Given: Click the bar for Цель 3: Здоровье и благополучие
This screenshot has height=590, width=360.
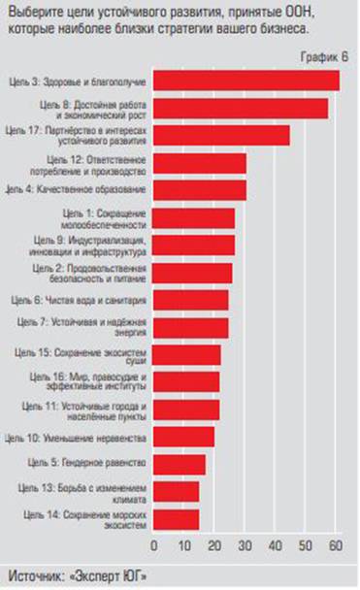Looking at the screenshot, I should click(246, 81).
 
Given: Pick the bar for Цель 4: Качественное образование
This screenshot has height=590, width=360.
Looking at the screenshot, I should click(200, 189).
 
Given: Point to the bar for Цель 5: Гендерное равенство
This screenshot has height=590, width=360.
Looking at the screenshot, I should click(180, 465).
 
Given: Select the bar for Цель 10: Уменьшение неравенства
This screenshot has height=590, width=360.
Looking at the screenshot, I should click(184, 437).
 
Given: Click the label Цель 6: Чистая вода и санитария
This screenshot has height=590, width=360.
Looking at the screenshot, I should click(97, 300).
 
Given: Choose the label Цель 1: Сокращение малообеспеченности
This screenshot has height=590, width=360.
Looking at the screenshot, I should click(104, 217).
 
